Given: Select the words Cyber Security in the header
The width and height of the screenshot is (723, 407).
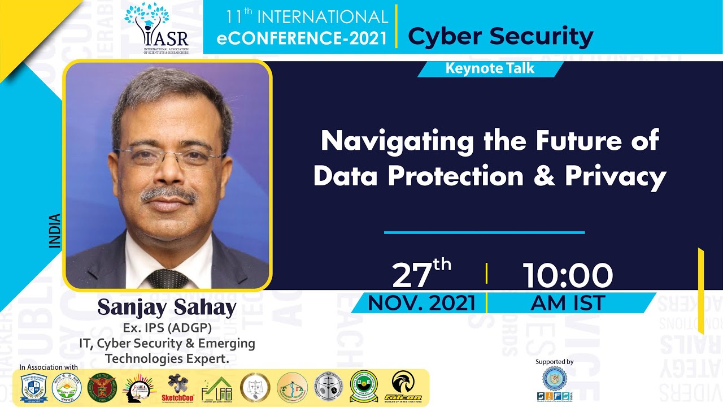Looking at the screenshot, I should [500, 36].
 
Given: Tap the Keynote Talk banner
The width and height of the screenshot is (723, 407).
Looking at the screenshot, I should [490, 69].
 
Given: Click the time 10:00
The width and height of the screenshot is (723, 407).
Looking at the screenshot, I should [567, 276].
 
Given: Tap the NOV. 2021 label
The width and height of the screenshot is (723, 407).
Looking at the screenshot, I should [421, 303].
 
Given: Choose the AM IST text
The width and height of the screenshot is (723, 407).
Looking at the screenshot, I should [567, 303].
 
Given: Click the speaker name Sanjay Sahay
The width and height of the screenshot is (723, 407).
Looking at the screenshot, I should [167, 308].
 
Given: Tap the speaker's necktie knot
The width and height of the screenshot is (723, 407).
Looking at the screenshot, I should [168, 278].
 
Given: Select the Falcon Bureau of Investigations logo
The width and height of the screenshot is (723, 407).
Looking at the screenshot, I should [403, 387].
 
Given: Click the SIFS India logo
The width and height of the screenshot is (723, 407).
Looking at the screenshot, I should [554, 384].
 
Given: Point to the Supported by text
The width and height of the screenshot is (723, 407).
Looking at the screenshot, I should [554, 362].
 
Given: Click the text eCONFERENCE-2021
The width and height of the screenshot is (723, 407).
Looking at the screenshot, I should [303, 38].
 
